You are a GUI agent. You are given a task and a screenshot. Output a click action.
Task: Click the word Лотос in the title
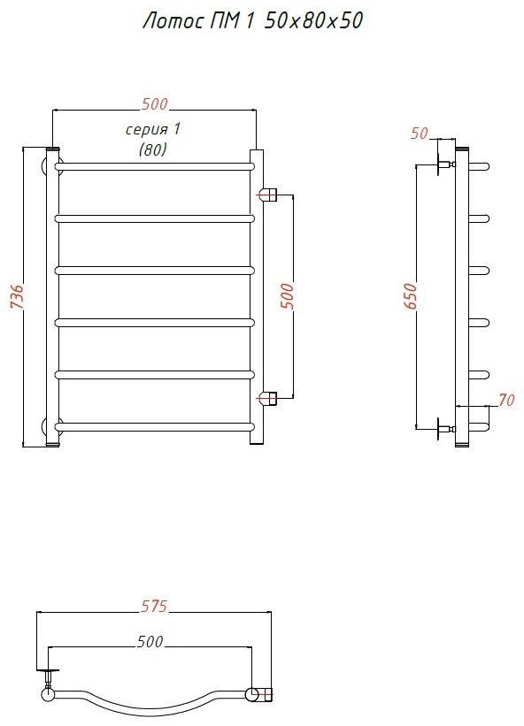(x=171, y=21)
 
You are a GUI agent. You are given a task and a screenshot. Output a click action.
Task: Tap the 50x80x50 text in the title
(x=313, y=21)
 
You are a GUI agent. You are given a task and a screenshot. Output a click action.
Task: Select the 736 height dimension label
(x=16, y=296)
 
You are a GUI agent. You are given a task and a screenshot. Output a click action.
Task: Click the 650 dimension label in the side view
(x=411, y=296)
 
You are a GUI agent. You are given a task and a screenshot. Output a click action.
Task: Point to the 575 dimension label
(x=154, y=606)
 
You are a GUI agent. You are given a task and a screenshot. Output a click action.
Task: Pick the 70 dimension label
(x=506, y=400)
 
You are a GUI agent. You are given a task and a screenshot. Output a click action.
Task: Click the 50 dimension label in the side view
(x=419, y=134)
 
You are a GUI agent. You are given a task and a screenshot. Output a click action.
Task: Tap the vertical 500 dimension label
(x=288, y=296)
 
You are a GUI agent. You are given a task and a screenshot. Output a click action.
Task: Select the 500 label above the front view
(x=154, y=104)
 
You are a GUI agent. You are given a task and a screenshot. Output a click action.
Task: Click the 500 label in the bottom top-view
(x=150, y=641)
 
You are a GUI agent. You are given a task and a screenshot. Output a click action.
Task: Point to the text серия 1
(x=152, y=129)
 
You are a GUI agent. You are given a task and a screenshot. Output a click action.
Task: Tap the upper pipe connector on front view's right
(x=268, y=195)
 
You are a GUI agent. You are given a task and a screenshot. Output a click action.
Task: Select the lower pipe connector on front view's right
(x=268, y=397)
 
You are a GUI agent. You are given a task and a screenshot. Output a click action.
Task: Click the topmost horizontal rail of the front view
(x=155, y=166)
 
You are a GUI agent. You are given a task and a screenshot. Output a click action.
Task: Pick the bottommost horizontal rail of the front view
(x=155, y=426)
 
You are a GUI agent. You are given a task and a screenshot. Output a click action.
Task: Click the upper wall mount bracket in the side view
(x=443, y=164)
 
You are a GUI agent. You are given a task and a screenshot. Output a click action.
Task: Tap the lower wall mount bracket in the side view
(x=443, y=429)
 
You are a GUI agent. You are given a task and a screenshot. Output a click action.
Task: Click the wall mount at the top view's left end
(x=48, y=682)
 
